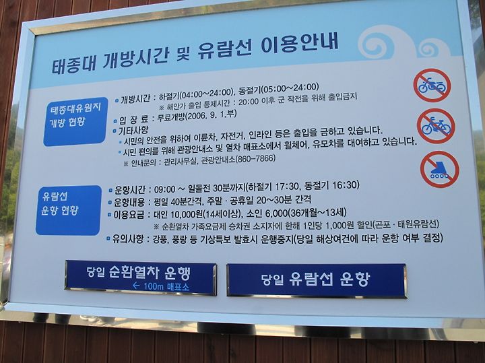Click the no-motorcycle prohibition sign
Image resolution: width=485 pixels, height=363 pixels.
click(x=432, y=86)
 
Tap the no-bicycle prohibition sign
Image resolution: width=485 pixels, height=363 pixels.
click(x=436, y=126)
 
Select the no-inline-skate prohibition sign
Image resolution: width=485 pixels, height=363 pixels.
click(x=439, y=169)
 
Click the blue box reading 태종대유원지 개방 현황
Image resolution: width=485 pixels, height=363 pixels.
click(x=75, y=121)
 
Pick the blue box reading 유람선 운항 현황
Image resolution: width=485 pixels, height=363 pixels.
click(x=69, y=210)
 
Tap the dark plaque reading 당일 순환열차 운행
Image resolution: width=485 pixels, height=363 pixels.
click(x=141, y=277)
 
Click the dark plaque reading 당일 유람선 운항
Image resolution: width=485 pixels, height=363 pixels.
click(x=317, y=280)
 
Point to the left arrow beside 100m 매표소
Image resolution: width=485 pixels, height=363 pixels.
click(x=136, y=286)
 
